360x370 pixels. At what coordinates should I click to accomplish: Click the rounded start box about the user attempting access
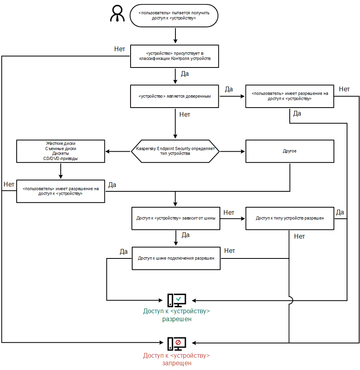174,16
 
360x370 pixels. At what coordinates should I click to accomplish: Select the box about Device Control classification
175,56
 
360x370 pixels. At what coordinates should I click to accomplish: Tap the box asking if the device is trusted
175,96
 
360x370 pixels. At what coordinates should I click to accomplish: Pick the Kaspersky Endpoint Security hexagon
175,151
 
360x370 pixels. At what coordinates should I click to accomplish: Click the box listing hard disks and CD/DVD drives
61,151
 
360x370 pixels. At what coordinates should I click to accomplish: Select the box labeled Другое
289,151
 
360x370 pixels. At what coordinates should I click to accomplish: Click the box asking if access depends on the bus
176,218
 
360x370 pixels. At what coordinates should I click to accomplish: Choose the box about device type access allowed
289,218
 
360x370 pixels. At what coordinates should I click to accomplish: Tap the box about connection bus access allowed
176,258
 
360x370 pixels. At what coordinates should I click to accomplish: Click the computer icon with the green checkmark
177,300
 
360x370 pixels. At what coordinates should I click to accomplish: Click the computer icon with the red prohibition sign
177,343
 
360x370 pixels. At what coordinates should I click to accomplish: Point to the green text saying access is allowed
177,315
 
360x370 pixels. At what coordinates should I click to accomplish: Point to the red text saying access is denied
177,359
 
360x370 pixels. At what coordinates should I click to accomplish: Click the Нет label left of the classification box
120,49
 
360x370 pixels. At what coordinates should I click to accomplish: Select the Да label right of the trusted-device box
229,89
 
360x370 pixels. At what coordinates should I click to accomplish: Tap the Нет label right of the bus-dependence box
229,212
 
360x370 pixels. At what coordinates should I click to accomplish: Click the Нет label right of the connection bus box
230,251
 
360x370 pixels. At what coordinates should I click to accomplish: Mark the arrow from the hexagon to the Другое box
233,151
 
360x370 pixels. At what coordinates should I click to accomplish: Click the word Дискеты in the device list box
61,153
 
